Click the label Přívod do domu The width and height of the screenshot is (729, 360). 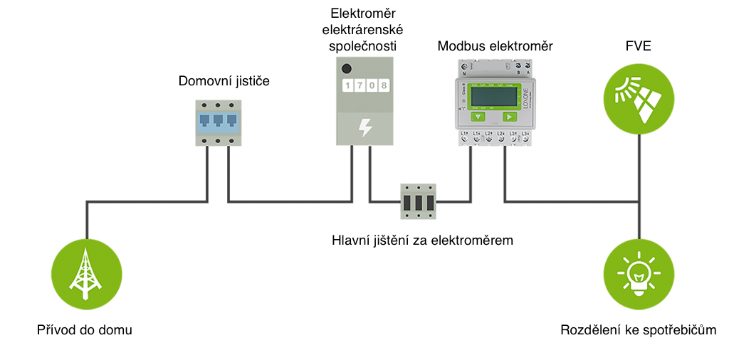point(85,330)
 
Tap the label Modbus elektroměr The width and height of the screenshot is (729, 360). point(495,46)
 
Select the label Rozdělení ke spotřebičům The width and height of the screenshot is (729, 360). point(638,330)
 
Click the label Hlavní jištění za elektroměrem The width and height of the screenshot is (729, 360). point(422,240)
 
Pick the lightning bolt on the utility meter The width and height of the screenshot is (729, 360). point(364,127)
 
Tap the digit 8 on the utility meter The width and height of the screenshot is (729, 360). point(384,87)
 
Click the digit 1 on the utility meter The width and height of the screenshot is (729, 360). point(348,87)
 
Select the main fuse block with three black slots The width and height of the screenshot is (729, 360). point(418,201)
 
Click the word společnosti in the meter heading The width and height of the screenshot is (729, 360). point(364,46)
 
